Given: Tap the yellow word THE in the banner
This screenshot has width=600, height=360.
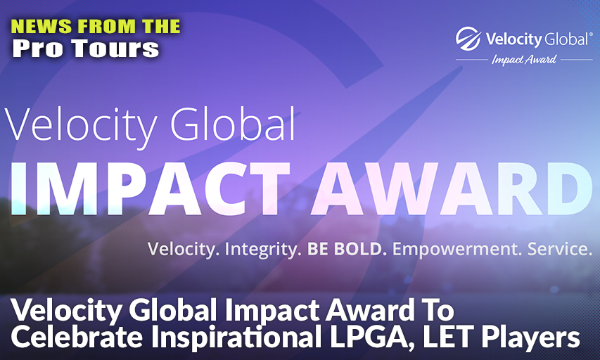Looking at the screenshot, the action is coord(160,27).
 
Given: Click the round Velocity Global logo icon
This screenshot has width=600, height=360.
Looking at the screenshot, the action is coord(468,39).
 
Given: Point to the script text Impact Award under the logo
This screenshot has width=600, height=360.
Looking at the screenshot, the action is coord(524,60).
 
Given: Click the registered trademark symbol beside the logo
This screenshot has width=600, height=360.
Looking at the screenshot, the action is coord(591,34).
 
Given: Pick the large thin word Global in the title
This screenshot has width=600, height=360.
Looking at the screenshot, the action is coord(233,124).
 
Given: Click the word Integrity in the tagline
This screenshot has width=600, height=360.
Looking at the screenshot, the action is coord(260,250).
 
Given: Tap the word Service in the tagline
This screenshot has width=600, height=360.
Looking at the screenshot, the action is coord(559,249).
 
